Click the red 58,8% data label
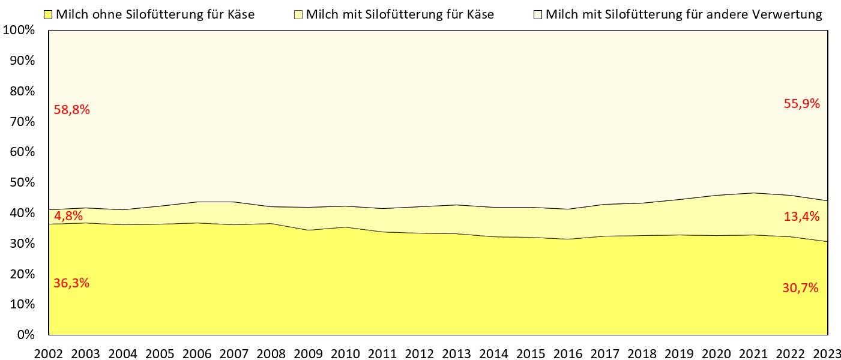click(x=71, y=110)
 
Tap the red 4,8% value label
click(x=68, y=216)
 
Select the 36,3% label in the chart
click(x=71, y=283)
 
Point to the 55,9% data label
click(x=801, y=104)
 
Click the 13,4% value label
click(x=801, y=217)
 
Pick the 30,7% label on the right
click(x=801, y=288)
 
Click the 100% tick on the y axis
click(x=20, y=30)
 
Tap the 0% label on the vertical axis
click(x=26, y=335)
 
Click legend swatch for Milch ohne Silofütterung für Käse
click(x=49, y=14)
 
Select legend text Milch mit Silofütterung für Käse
click(x=400, y=14)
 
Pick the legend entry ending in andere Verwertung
click(x=684, y=14)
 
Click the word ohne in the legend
click(x=107, y=14)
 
